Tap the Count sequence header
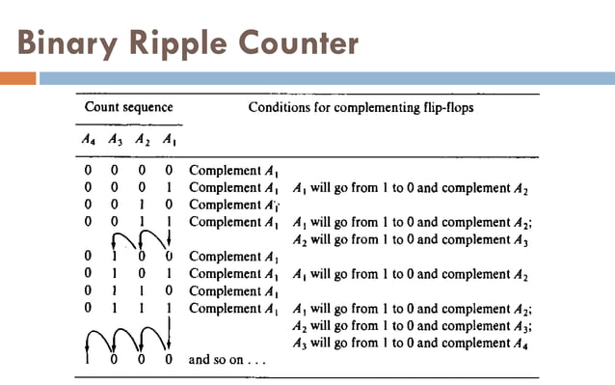pos(129,108)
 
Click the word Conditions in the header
pos(283,108)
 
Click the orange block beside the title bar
pos(18,78)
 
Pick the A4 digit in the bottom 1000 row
pos(90,360)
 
